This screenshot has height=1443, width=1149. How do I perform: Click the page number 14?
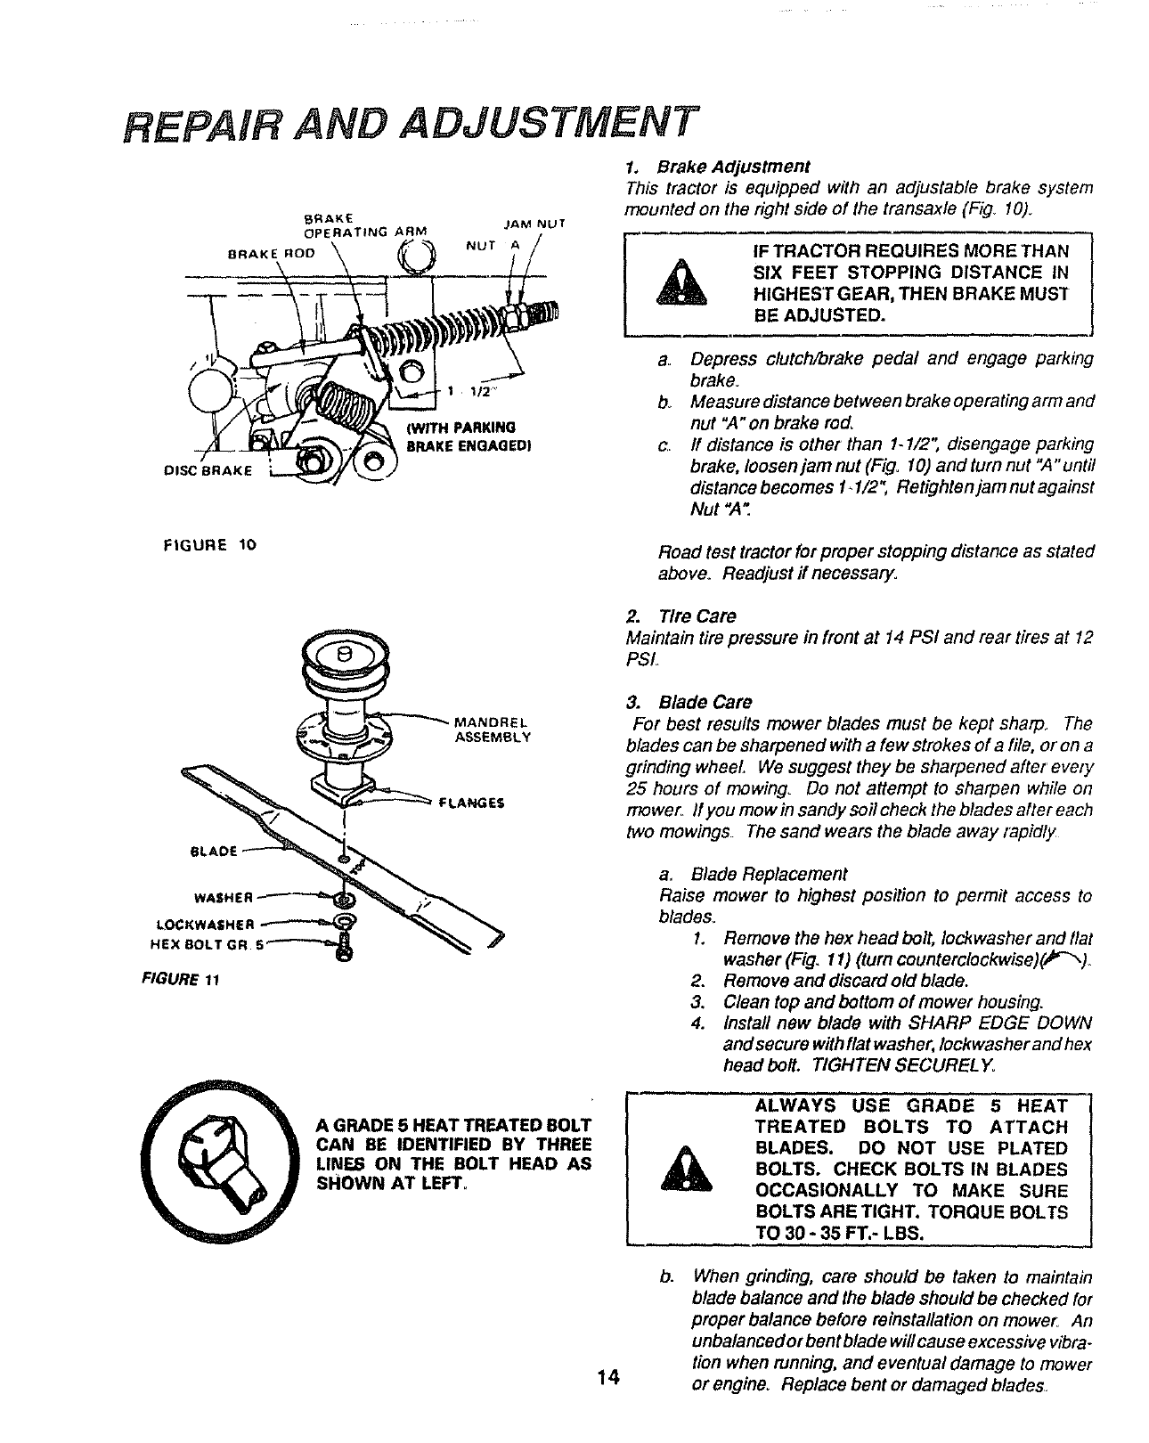(x=608, y=1377)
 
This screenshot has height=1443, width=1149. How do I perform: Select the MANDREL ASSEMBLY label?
(x=492, y=729)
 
